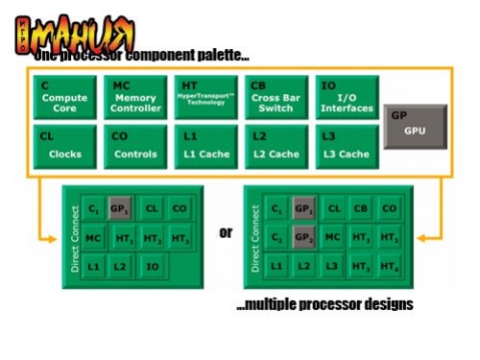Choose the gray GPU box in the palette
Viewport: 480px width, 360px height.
click(x=411, y=125)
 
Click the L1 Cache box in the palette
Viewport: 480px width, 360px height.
click(x=204, y=147)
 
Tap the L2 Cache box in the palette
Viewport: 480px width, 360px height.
click(x=274, y=147)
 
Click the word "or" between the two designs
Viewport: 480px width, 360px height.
click(x=227, y=232)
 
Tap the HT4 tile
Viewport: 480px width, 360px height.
click(x=388, y=264)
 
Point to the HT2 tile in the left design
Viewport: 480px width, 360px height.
click(x=151, y=236)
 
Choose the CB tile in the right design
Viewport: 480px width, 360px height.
click(x=360, y=208)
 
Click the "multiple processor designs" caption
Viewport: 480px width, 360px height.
click(x=324, y=304)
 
